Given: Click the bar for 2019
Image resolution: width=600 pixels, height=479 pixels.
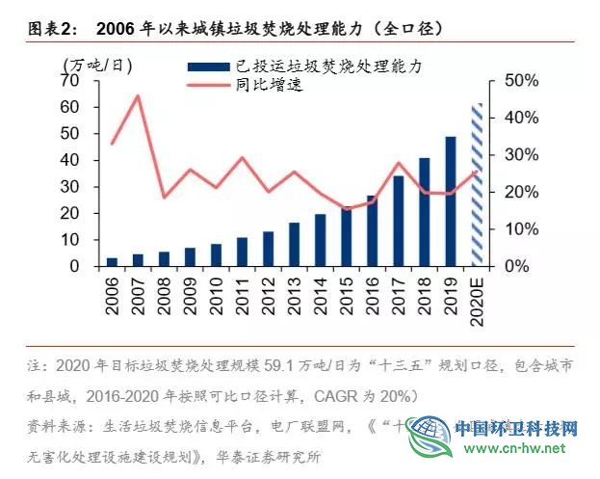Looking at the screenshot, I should [x=451, y=200].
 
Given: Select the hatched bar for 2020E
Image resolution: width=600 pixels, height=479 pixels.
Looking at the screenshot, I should [x=477, y=184].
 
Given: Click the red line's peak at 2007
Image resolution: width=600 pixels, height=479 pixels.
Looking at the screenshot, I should [x=138, y=95].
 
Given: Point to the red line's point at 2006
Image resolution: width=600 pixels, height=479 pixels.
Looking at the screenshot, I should [x=113, y=144].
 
